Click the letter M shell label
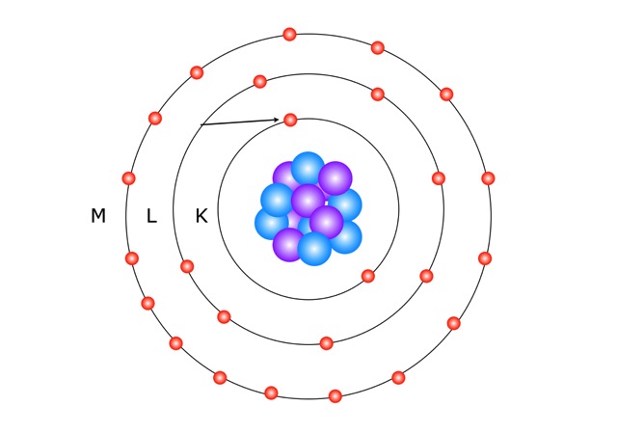pos(98,216)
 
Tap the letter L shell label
pos(151,216)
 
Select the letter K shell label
pos(201,216)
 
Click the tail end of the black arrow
pos(201,124)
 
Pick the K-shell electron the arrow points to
pos(290,120)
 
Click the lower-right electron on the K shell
pos(368,276)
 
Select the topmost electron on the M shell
pos(289,35)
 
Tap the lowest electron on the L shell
pos(327,343)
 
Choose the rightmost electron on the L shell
pos(439,178)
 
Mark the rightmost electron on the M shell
pos(488,178)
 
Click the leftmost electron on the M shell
pos(128,178)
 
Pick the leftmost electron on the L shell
pos(187,266)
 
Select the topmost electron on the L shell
pos(260,82)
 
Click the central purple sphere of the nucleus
pos(308,201)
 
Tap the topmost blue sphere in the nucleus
pos(308,169)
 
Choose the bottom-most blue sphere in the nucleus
pos(314,249)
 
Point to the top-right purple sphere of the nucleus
pos(335,178)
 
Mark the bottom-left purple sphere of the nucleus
pos(288,245)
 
